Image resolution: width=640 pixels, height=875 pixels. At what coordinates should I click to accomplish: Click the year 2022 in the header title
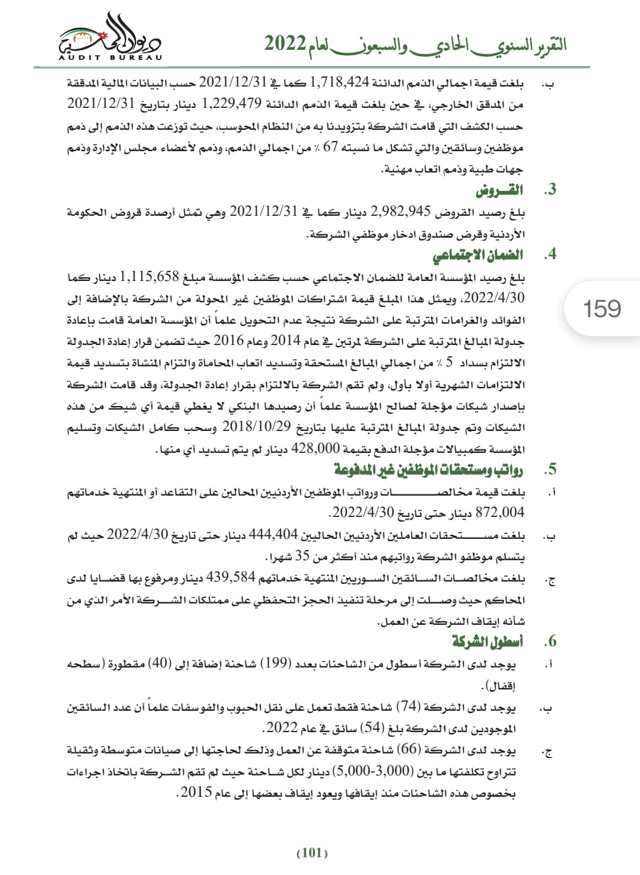[285, 44]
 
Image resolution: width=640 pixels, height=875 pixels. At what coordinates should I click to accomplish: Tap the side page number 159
[602, 309]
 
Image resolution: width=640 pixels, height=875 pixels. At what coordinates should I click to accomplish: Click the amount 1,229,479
[231, 104]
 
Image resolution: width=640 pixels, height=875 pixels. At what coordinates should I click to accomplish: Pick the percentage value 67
[330, 147]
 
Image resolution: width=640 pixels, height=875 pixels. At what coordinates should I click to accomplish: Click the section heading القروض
[499, 190]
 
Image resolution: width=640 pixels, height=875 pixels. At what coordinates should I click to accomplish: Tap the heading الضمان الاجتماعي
[477, 255]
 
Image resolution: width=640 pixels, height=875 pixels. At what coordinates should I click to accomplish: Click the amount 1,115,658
[149, 276]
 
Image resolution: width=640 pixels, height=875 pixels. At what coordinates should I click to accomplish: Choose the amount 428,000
[316, 449]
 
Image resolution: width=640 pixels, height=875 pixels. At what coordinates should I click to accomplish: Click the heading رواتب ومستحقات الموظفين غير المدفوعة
[428, 470]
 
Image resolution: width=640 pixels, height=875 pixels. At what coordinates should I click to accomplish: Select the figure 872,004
[500, 512]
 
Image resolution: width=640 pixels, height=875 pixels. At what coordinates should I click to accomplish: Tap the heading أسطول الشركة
[488, 641]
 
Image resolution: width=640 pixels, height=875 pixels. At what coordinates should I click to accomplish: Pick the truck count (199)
[275, 663]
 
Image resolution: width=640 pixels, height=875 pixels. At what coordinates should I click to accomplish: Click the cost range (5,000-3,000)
[372, 771]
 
